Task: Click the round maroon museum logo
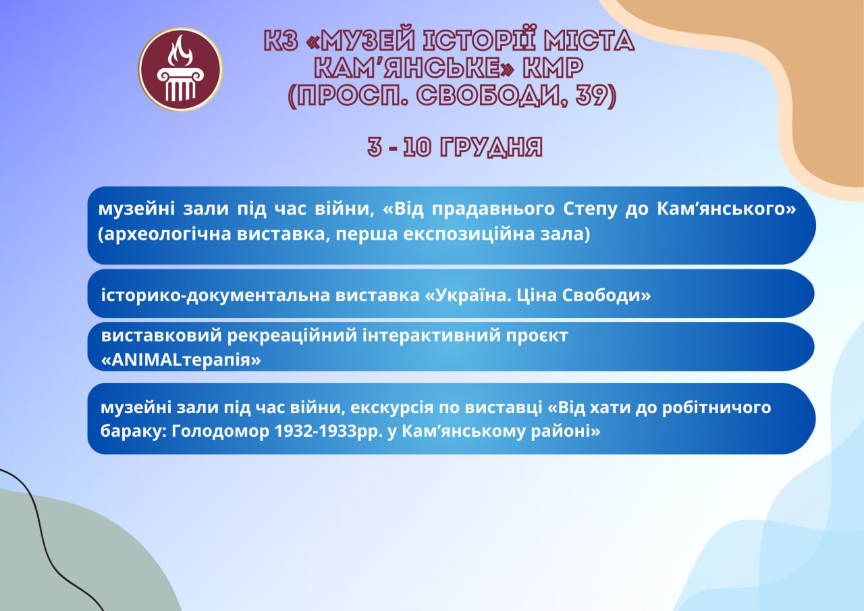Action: (x=180, y=70)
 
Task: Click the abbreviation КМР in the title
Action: (x=552, y=68)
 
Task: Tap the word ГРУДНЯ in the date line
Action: (x=491, y=148)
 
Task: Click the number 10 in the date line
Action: (x=416, y=147)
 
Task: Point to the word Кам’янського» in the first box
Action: (x=726, y=209)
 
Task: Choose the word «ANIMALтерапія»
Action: (x=180, y=360)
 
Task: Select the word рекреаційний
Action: (x=292, y=336)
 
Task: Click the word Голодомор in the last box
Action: (x=220, y=431)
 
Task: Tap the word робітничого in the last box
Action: (x=716, y=408)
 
